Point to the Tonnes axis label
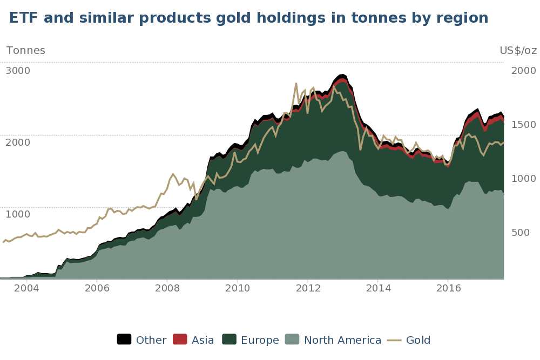pyautogui.click(x=25, y=51)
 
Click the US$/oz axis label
pyautogui.click(x=518, y=51)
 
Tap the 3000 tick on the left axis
pyautogui.click(x=18, y=71)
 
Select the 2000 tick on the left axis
pyautogui.click(x=18, y=142)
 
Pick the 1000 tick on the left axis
pyautogui.click(x=18, y=214)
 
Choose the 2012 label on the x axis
pyautogui.click(x=307, y=288)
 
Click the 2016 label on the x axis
pyautogui.click(x=448, y=288)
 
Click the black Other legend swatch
pyautogui.click(x=124, y=339)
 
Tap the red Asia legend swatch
pyautogui.click(x=180, y=339)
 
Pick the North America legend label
pyautogui.click(x=342, y=341)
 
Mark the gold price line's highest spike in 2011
pyautogui.click(x=296, y=83)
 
